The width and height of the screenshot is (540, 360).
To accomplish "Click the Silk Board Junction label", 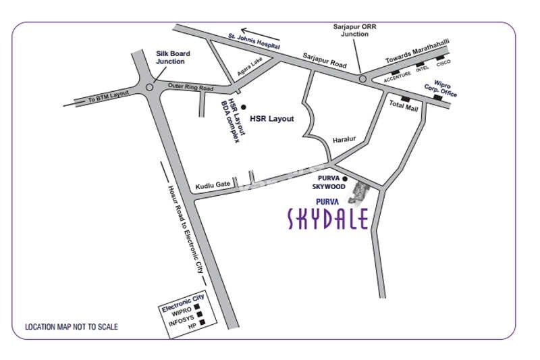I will (173, 57).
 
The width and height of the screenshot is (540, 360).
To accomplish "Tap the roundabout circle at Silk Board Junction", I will (148, 86).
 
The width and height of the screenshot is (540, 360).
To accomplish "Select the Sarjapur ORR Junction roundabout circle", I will (362, 79).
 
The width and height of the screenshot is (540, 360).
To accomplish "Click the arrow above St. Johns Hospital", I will (259, 31).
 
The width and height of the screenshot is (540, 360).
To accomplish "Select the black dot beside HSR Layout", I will (244, 106).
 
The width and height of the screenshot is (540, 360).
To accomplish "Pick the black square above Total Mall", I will (405, 99).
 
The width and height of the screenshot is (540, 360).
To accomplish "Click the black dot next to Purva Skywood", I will (344, 179).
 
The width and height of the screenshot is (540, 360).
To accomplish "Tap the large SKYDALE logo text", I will (327, 220).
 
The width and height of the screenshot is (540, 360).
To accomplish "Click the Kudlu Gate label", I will (213, 184).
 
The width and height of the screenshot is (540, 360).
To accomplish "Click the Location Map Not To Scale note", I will (72, 327).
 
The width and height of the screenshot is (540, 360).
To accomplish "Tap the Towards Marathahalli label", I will (417, 52).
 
